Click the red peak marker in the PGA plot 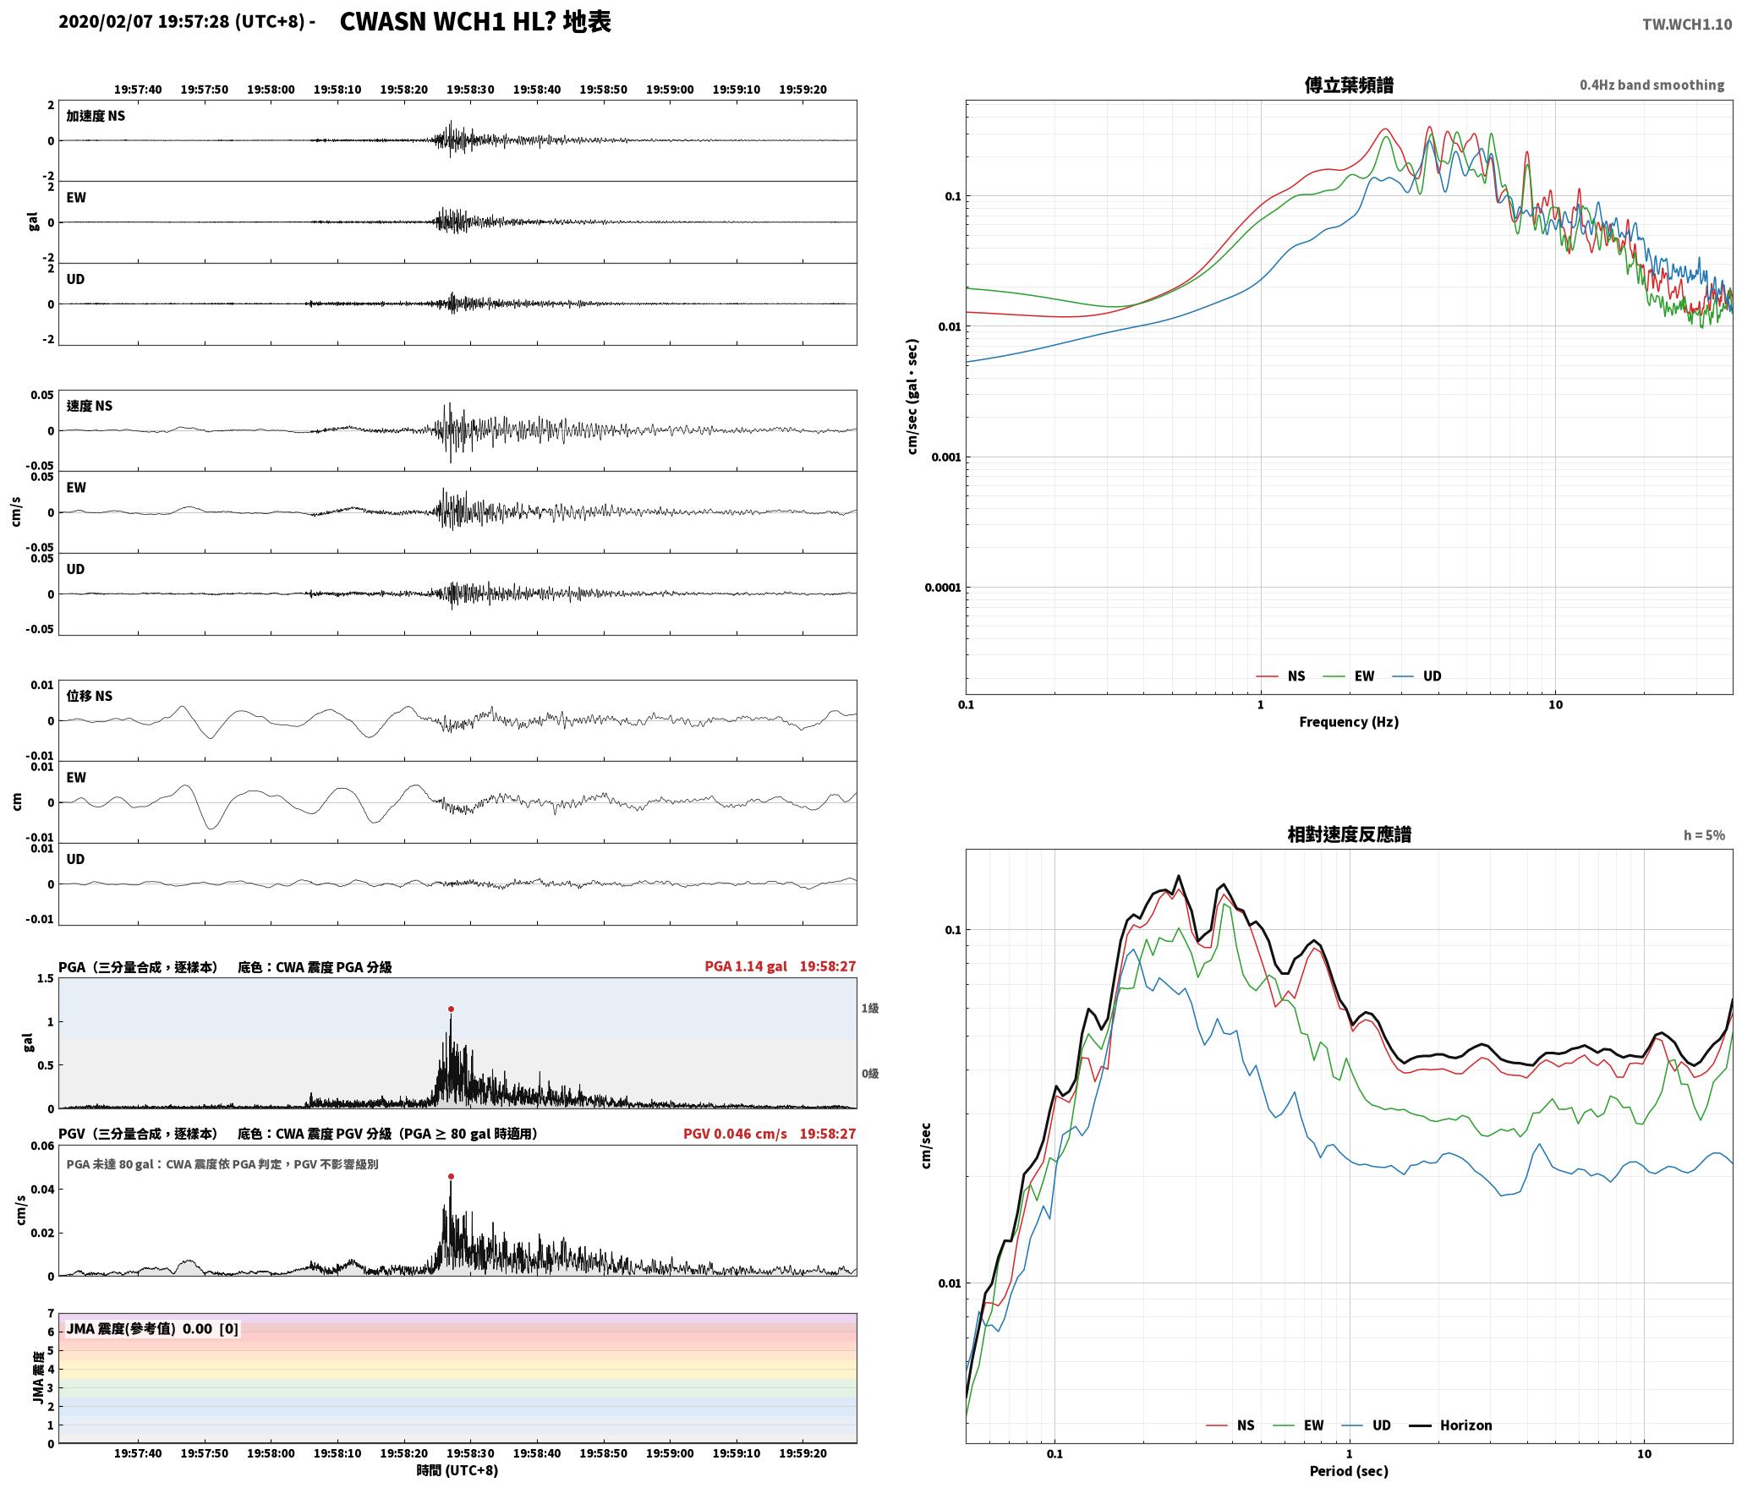[x=451, y=1009]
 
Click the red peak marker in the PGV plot [x=451, y=1176]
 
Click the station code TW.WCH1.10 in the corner [x=1687, y=25]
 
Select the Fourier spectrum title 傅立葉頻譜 [x=1349, y=85]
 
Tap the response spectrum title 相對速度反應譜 [x=1349, y=834]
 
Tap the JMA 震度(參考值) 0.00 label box [x=152, y=1328]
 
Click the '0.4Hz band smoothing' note [x=1652, y=85]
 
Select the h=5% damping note [x=1704, y=835]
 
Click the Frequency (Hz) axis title [x=1349, y=721]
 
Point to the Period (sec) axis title [x=1349, y=1471]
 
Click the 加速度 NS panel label [x=96, y=116]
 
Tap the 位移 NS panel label [x=90, y=696]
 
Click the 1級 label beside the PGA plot [x=870, y=1008]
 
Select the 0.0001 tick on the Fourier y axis [x=943, y=588]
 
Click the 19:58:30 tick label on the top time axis [x=470, y=90]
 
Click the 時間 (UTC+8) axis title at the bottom [x=457, y=1470]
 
